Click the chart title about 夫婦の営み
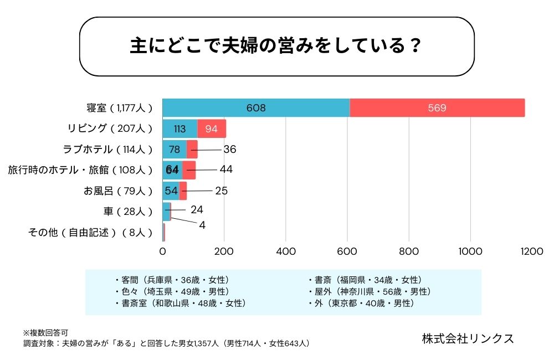click(277, 46)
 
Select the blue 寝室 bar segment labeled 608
click(255, 107)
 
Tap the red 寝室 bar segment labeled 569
click(437, 107)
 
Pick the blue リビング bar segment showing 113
click(179, 128)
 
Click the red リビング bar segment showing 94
click(212, 128)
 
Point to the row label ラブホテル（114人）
click(108, 149)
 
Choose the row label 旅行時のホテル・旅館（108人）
click(80, 169)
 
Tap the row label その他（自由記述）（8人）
click(90, 232)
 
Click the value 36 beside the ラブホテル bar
click(230, 149)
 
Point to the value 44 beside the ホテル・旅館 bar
click(226, 169)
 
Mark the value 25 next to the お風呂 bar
click(222, 191)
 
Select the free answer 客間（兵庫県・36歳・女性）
click(172, 280)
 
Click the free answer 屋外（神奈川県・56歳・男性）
click(369, 291)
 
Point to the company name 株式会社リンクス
click(468, 338)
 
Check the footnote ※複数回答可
click(45, 333)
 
